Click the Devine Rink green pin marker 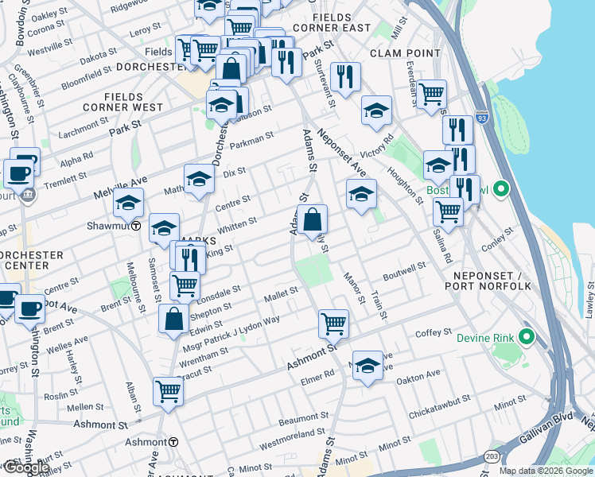pos(526,337)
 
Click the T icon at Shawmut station pos(136,225)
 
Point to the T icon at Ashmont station pos(172,441)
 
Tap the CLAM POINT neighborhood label pos(405,52)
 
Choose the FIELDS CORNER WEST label pos(122,101)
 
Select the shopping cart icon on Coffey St pos(333,322)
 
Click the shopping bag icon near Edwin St pos(173,319)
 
